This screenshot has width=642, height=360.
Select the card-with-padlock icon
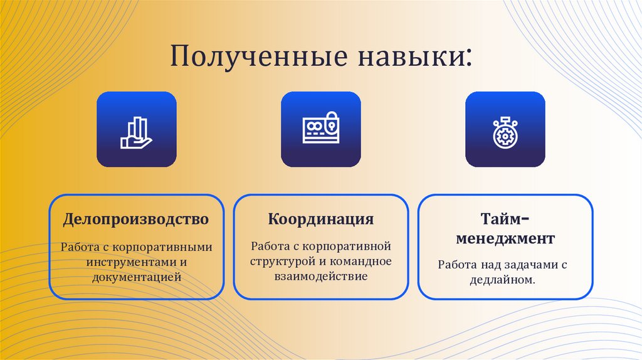point(320,130)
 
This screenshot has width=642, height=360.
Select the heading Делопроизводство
point(135,220)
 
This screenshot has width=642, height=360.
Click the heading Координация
point(321,220)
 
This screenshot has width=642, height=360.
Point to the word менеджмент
point(505,239)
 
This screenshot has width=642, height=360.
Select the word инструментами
point(128,262)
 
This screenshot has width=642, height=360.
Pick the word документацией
point(137,276)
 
